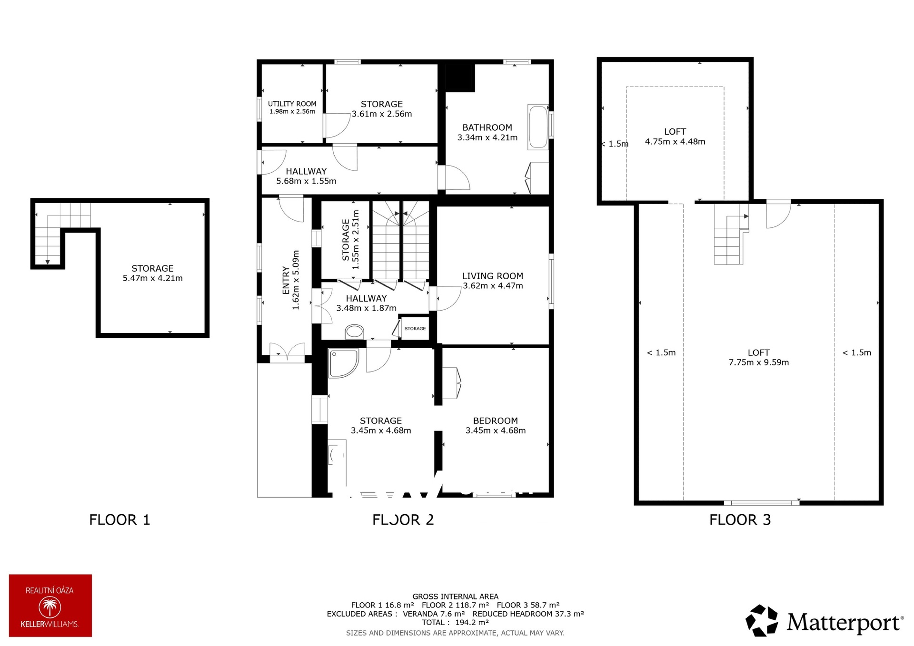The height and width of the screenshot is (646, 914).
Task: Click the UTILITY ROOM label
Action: click(x=292, y=104)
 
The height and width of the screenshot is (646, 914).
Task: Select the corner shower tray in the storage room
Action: click(x=343, y=364)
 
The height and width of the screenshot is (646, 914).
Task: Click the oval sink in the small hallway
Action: click(x=354, y=331)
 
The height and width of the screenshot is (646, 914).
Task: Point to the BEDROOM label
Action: click(x=495, y=421)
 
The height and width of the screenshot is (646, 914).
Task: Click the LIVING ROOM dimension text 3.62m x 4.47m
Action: click(x=493, y=286)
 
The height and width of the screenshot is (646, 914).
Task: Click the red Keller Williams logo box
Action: click(x=50, y=605)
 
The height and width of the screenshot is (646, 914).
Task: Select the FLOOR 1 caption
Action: click(x=119, y=519)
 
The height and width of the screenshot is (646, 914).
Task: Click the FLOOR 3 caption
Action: click(x=740, y=519)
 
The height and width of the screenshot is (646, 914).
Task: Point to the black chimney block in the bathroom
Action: click(x=460, y=78)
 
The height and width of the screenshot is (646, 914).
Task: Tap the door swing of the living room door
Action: click(x=449, y=298)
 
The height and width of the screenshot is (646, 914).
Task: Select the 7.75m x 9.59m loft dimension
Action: click(x=758, y=362)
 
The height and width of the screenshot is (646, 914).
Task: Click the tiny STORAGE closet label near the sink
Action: click(x=415, y=329)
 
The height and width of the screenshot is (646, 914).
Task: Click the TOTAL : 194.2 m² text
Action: click(x=455, y=622)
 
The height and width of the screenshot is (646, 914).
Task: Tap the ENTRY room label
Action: click(x=286, y=280)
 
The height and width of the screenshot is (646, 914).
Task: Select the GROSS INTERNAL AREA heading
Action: click(x=455, y=597)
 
